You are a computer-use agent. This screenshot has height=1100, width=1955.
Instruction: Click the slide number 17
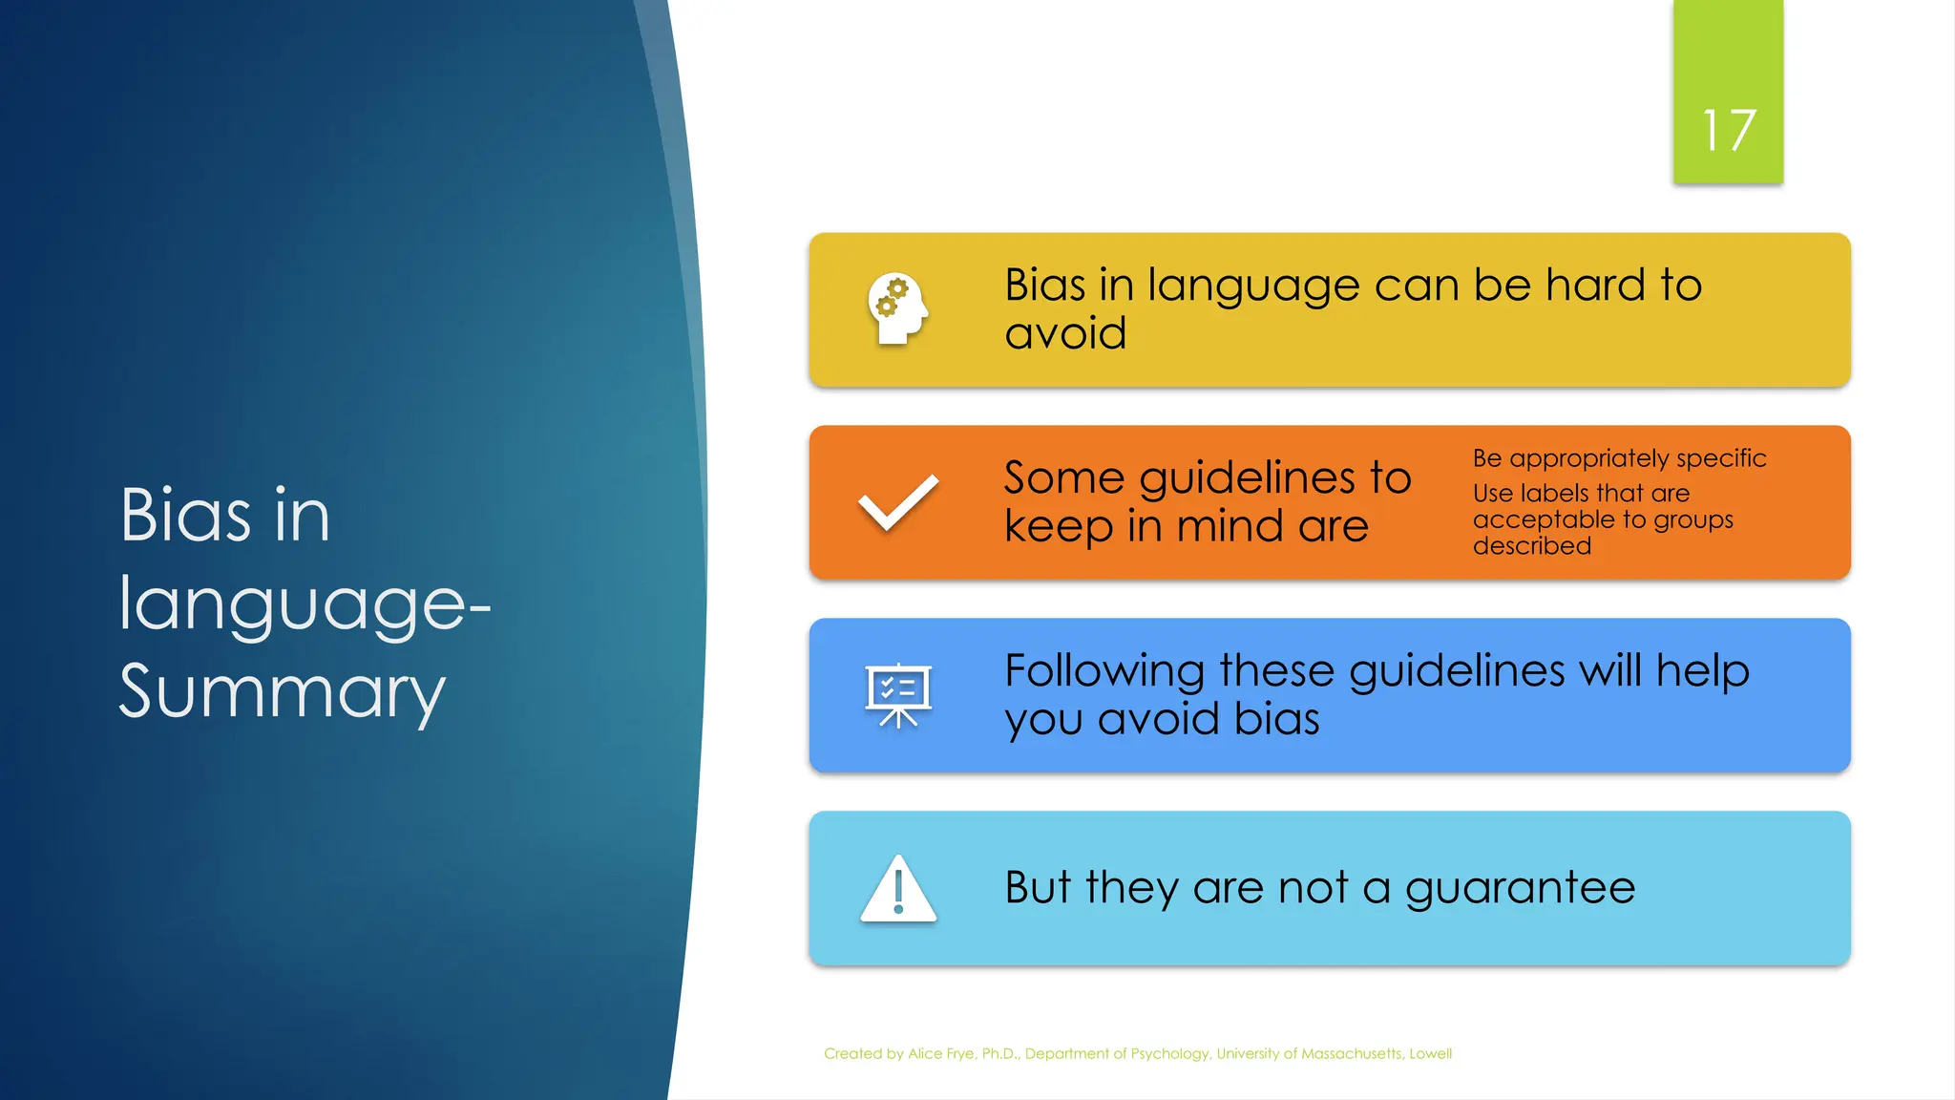click(1728, 130)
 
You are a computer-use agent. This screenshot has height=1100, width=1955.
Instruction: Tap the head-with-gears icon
click(897, 308)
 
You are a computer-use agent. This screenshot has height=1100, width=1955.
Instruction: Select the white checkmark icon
click(897, 502)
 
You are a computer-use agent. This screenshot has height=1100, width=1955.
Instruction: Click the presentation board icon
click(897, 695)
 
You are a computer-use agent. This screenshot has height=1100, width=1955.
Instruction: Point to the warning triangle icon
click(897, 889)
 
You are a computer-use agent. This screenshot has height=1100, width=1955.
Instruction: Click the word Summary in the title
click(282, 691)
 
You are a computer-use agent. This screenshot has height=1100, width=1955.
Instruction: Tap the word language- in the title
click(304, 604)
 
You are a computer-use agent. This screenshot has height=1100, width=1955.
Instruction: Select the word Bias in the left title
click(184, 516)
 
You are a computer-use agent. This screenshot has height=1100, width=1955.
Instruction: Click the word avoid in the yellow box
click(1065, 333)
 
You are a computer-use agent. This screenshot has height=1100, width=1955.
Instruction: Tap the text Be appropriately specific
click(1619, 458)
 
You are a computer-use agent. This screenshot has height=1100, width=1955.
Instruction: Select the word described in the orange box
click(1531, 546)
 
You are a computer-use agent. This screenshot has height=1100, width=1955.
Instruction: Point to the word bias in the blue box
click(1276, 719)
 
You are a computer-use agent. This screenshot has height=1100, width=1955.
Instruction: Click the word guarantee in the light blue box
click(1520, 888)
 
